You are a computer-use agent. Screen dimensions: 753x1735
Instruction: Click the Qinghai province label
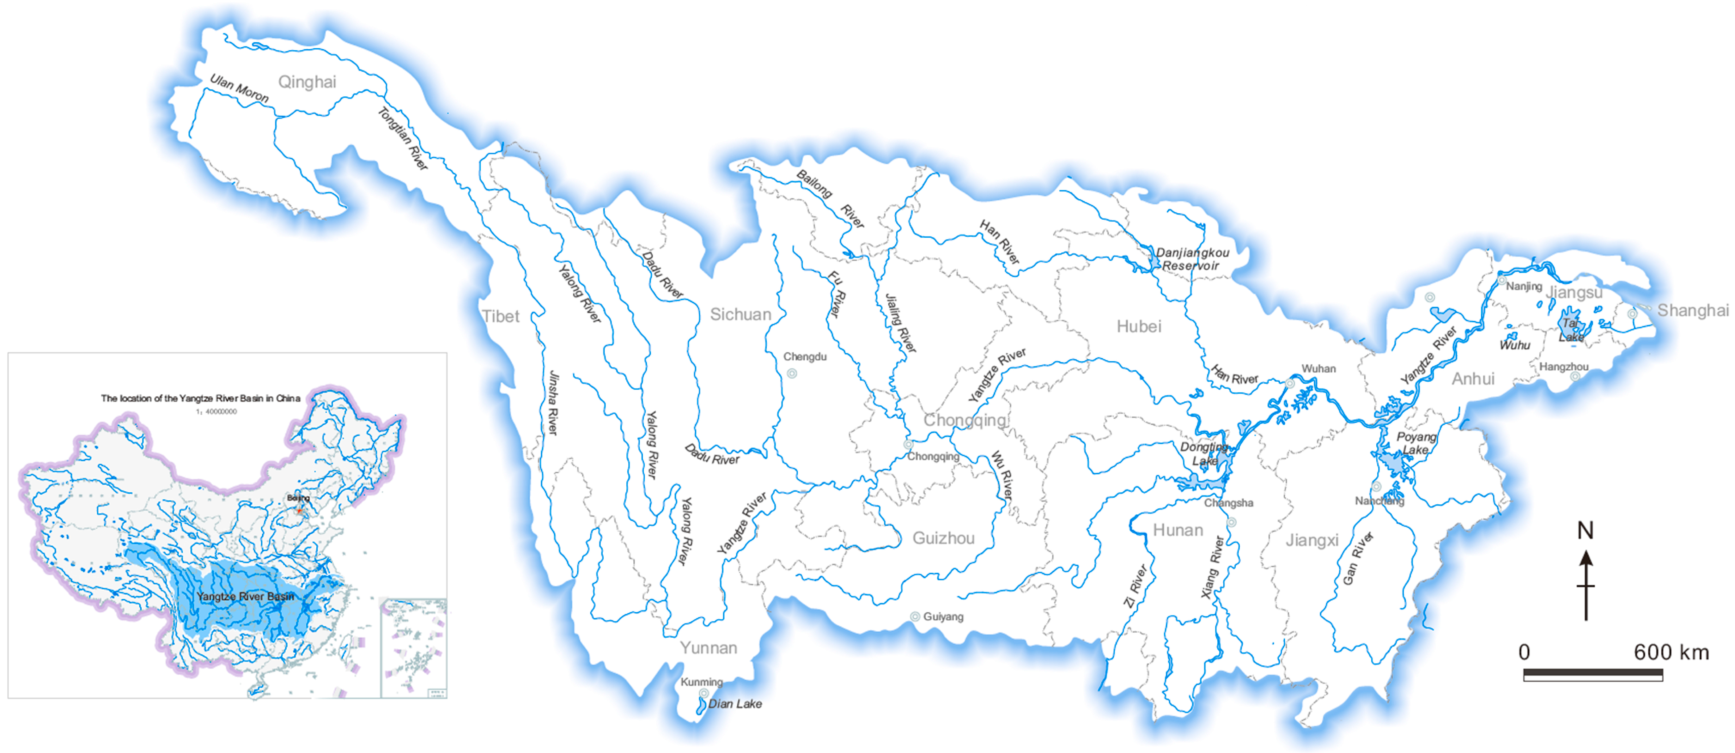307,82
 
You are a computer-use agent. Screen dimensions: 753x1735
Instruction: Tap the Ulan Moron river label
239,88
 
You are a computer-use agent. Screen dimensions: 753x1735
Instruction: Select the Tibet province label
500,317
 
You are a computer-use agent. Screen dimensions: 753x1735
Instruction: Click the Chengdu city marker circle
792,373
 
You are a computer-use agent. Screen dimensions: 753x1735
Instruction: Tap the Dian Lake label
735,704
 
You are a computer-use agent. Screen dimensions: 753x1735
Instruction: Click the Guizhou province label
943,538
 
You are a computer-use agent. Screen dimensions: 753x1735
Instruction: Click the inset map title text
201,398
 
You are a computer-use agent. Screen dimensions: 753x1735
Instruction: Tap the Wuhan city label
1318,368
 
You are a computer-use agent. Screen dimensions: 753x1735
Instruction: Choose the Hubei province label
1139,327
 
